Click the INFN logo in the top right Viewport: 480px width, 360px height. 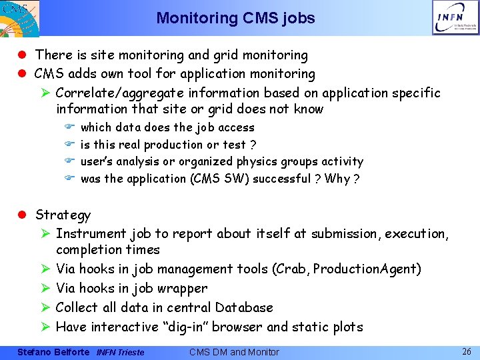[455, 17]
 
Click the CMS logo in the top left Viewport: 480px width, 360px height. [19, 17]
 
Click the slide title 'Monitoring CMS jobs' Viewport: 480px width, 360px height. [235, 18]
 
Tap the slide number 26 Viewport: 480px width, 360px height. [466, 351]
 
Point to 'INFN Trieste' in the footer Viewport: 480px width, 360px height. [120, 352]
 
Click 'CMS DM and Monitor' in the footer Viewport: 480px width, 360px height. [234, 352]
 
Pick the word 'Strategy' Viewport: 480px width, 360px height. [63, 215]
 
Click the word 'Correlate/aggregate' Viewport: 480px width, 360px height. [116, 93]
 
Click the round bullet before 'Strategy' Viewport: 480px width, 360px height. [22, 215]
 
